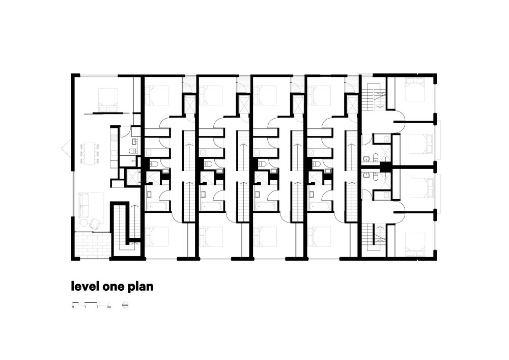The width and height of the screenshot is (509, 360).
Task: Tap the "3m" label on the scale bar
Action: coord(109,308)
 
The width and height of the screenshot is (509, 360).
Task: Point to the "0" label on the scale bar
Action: coord(73,308)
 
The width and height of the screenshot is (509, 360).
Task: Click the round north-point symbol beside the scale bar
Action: coord(126,306)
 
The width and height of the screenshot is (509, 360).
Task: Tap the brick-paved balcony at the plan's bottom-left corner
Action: coord(92,244)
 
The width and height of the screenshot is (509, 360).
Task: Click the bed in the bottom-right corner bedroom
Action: coord(414,243)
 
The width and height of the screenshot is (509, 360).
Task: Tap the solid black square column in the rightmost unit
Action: coord(385,166)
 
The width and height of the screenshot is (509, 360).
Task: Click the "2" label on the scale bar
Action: coord(97,308)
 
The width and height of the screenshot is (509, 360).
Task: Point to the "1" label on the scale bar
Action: coord(84,308)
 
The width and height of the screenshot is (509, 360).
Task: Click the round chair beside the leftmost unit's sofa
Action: coord(95,223)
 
